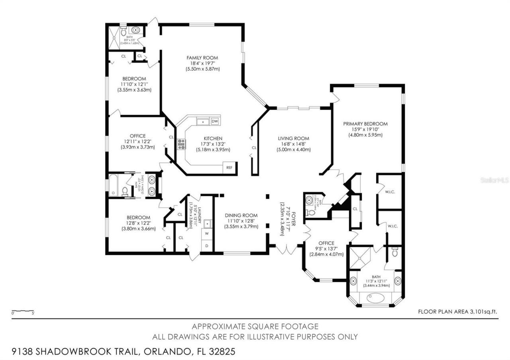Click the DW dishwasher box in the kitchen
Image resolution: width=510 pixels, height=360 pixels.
[215, 121]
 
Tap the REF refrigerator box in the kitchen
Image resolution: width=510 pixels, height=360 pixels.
[229, 168]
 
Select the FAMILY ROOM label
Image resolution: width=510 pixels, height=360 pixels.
[202, 58]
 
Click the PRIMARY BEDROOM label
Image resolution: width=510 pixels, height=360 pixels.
[365, 124]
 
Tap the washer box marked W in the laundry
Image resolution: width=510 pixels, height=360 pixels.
[207, 233]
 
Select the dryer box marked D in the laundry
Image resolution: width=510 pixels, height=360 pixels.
[207, 245]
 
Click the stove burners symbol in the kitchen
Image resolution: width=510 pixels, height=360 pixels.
[181, 144]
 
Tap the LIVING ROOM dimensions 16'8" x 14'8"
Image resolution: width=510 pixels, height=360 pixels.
[294, 144]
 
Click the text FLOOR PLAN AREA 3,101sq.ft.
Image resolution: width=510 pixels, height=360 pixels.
[458, 312]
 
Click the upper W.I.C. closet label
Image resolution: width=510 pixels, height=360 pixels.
[390, 192]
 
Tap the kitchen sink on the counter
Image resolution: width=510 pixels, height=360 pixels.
[204, 121]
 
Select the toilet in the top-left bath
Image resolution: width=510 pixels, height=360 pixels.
[123, 32]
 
